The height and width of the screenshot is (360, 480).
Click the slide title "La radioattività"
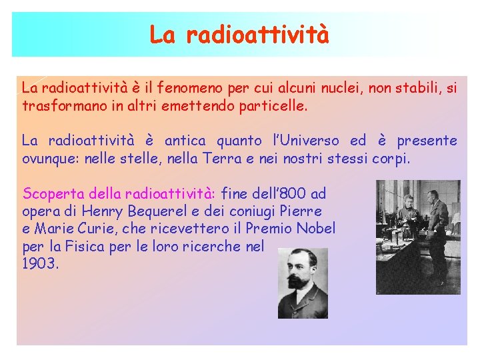coord(239,34)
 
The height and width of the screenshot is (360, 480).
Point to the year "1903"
coord(40,263)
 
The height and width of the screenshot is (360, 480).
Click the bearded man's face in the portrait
coord(302,271)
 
